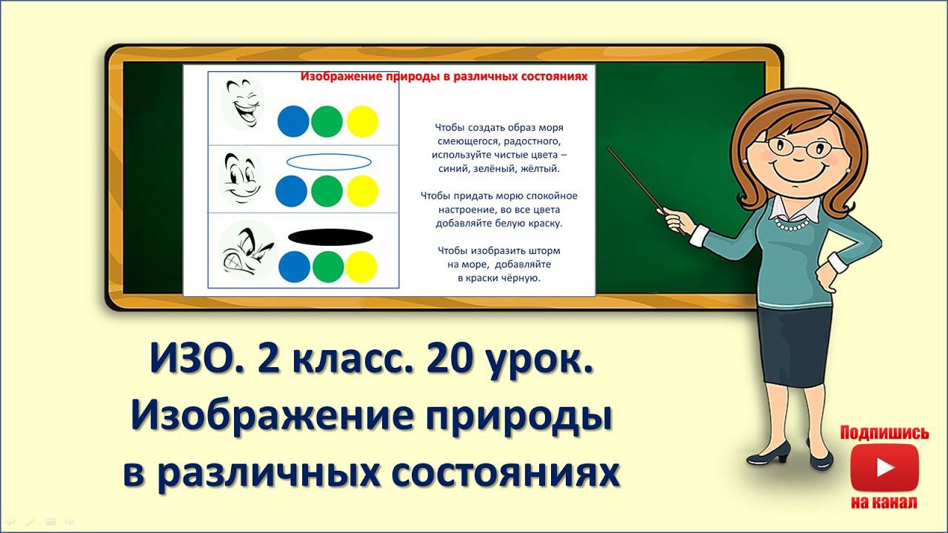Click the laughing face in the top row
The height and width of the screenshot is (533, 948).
coord(243,104)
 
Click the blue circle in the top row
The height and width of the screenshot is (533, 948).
coord(293,121)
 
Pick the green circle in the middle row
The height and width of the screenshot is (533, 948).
coord(327,191)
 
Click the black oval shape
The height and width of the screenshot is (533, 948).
coord(330,237)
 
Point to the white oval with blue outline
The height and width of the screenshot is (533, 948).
coord(329,162)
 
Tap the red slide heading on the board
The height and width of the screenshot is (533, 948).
coord(444,76)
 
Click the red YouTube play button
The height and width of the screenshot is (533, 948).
coord(884,468)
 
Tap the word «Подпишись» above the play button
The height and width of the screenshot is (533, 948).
coord(884,433)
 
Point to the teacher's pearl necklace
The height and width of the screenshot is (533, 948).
coord(797,223)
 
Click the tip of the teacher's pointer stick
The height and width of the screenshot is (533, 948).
coord(609,150)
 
